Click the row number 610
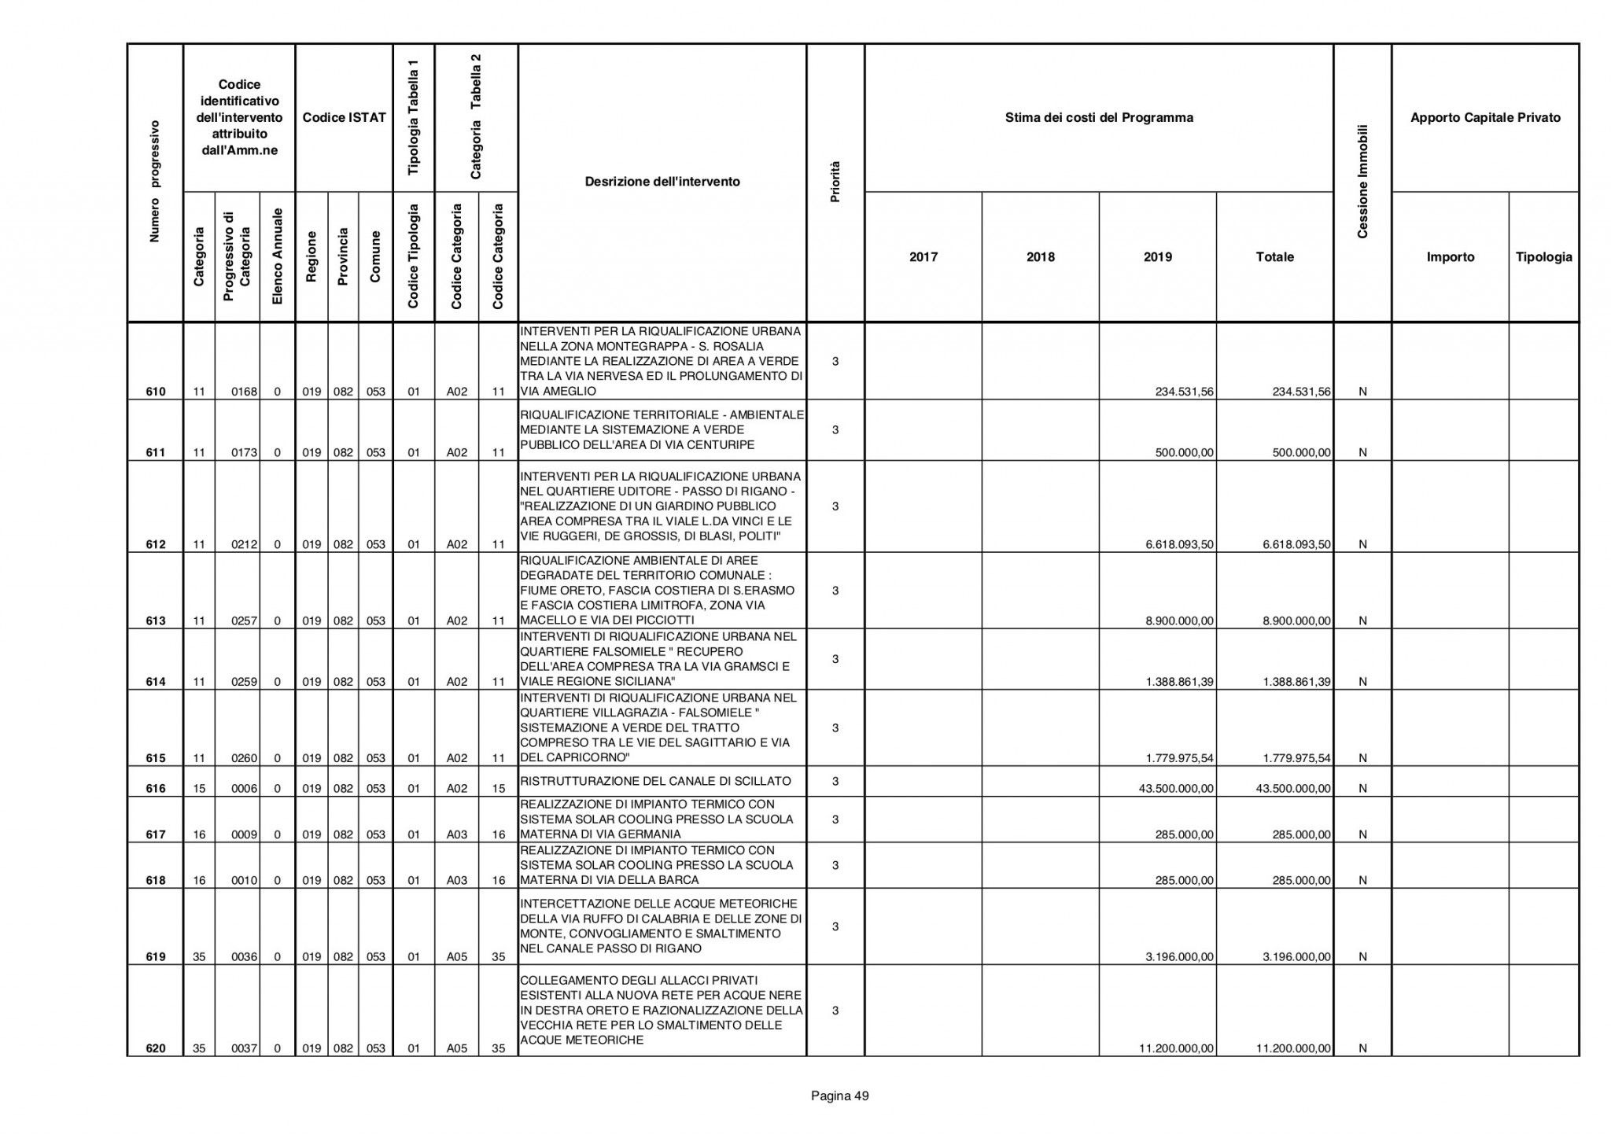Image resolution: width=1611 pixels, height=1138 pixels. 156,392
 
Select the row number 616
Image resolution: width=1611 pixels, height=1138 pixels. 156,789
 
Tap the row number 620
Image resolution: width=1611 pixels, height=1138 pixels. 156,1048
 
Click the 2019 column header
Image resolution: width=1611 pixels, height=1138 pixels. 1158,257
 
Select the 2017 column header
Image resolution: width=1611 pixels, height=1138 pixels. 923,257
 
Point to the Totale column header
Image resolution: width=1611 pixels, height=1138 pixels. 1275,257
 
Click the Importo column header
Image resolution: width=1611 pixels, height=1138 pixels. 1451,257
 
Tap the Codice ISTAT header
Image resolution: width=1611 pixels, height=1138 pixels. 345,118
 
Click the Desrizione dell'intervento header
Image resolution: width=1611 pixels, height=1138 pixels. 662,182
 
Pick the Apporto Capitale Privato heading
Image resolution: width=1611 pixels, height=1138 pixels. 1485,118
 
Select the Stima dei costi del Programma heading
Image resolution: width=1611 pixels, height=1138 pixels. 1099,118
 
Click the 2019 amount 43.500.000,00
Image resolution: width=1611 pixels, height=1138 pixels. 1176,789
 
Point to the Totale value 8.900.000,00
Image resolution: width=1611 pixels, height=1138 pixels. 1296,621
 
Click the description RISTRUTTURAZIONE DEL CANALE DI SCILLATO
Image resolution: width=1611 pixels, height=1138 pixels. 655,782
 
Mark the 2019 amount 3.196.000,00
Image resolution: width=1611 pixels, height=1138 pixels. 1179,957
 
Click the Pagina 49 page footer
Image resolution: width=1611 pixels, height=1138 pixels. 840,1096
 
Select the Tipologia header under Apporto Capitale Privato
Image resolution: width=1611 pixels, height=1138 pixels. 1543,257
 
